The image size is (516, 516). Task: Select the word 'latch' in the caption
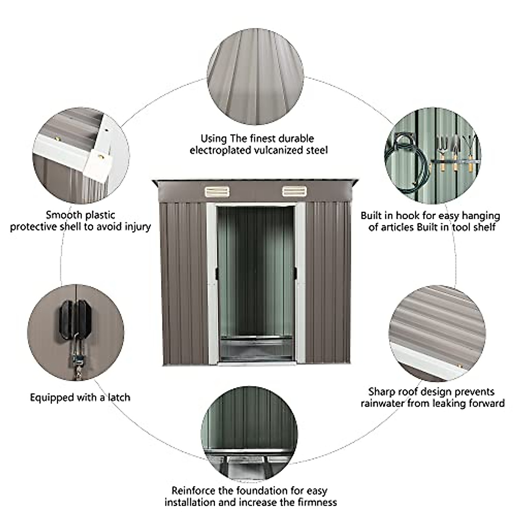[116, 397]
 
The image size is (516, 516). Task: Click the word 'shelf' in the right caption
[484, 227]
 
